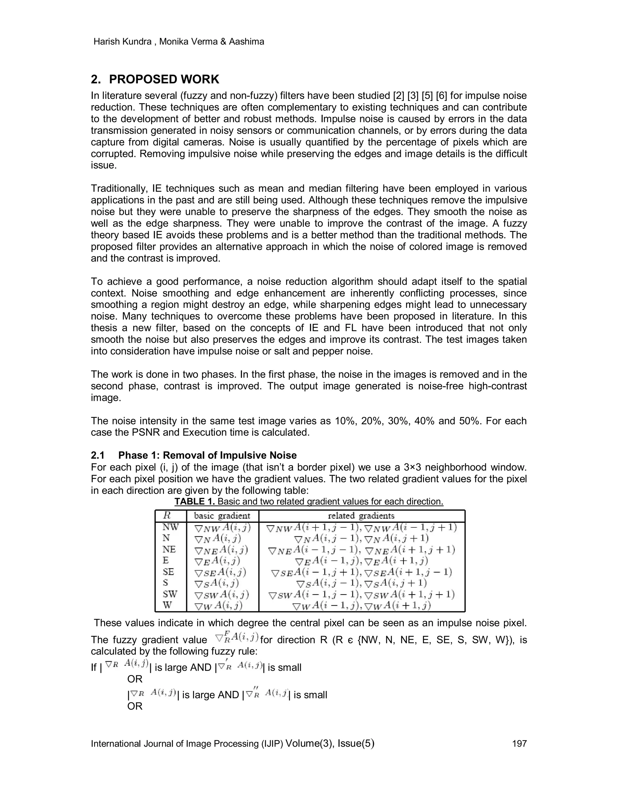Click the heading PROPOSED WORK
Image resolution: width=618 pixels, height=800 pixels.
point(164,79)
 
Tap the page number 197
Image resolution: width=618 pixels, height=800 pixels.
point(519,743)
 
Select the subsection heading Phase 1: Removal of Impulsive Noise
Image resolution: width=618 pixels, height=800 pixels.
point(207,455)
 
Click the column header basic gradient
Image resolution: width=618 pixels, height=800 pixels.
point(222,516)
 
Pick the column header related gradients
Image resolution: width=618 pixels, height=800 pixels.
point(361,516)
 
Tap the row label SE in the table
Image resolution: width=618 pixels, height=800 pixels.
point(168,572)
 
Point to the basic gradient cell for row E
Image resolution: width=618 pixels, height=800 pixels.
point(218,560)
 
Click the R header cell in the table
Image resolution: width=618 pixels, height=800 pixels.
point(167,515)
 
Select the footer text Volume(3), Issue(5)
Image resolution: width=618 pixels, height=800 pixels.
point(330,743)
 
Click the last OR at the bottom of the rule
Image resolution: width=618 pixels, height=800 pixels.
point(135,706)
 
